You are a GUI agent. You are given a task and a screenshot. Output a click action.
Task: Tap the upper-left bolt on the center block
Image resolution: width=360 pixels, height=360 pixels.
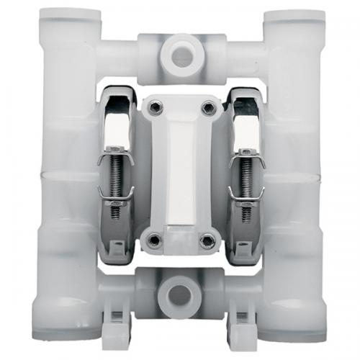(x=152, y=108)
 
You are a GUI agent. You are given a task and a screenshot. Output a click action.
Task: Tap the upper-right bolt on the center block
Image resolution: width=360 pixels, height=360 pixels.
(x=209, y=108)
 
